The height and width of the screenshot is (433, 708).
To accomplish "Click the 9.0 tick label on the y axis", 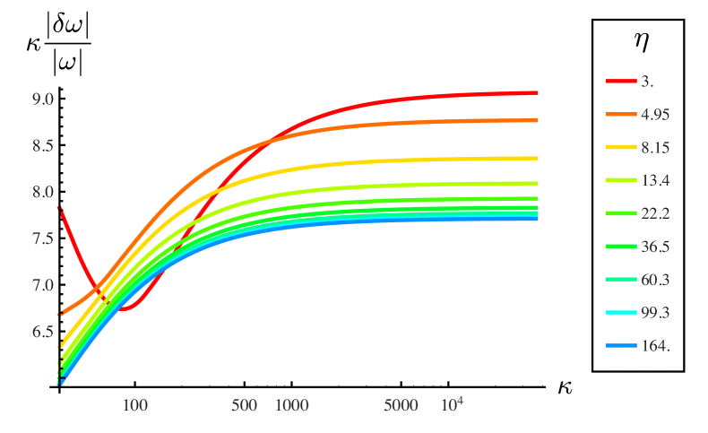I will pyautogui.click(x=43, y=99).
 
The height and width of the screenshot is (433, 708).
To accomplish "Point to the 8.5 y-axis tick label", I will pyautogui.click(x=43, y=145).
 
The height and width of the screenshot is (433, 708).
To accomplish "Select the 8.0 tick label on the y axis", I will pyautogui.click(x=43, y=192).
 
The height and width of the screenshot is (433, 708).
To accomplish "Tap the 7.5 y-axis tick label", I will pyautogui.click(x=43, y=238).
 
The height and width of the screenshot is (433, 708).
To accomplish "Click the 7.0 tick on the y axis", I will pyautogui.click(x=43, y=285).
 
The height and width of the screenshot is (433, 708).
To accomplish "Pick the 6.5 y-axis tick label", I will pyautogui.click(x=43, y=332).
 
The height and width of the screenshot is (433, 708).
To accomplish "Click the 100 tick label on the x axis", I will pyautogui.click(x=135, y=405).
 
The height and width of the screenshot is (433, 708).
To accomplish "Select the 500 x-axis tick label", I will pyautogui.click(x=245, y=405).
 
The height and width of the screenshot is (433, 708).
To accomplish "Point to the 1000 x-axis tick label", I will pyautogui.click(x=291, y=405).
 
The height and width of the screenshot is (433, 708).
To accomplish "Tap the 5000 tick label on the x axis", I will pyautogui.click(x=401, y=405).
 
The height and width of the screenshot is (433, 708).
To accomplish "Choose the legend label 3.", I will pyautogui.click(x=646, y=81).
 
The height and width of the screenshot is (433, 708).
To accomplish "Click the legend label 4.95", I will pyautogui.click(x=654, y=114).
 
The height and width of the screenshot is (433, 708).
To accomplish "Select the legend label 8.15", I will pyautogui.click(x=654, y=147).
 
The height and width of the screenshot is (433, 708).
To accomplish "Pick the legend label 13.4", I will pyautogui.click(x=654, y=180).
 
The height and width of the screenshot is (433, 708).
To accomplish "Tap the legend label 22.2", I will pyautogui.click(x=654, y=213).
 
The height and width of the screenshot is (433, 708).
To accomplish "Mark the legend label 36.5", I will pyautogui.click(x=654, y=247).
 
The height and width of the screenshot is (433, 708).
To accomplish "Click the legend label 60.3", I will pyautogui.click(x=654, y=280).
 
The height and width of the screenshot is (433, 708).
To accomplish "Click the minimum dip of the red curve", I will pyautogui.click(x=126, y=308).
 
